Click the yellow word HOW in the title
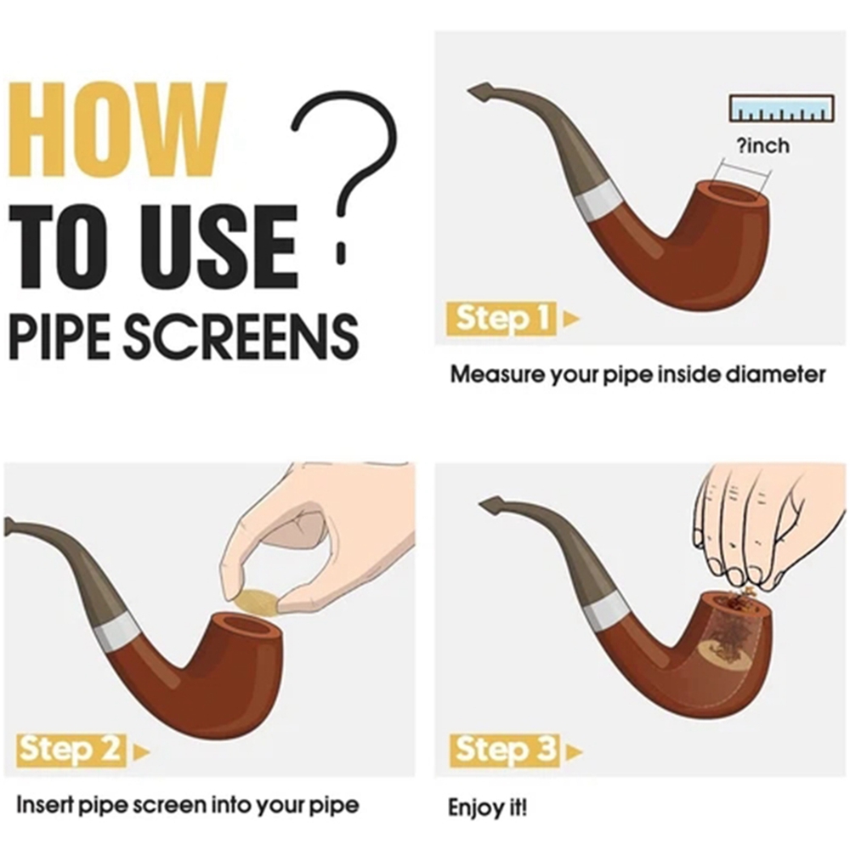tap(117, 130)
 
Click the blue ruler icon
tap(781, 108)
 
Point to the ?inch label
tap(762, 146)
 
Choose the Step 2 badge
tap(71, 749)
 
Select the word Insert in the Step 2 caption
tap(46, 804)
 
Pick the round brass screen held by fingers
tap(256, 603)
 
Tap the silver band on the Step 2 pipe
tap(117, 635)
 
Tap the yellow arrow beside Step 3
tap(574, 752)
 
